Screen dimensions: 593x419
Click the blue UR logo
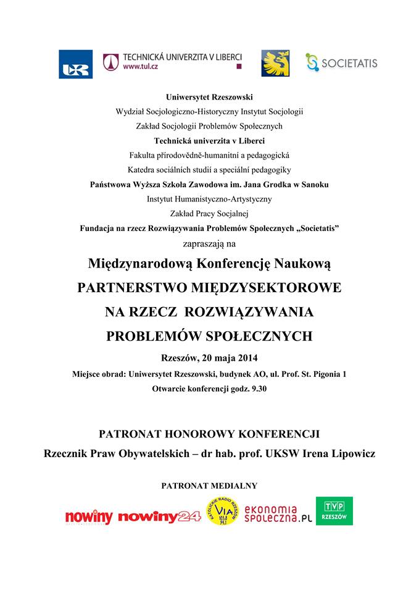click(76, 64)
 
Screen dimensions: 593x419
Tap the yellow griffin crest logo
click(275, 64)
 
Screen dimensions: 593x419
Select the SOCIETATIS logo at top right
click(341, 62)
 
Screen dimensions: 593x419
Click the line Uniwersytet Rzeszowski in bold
click(209, 97)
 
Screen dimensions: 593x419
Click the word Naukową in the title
click(301, 264)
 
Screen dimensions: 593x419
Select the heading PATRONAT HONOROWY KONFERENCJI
click(209, 434)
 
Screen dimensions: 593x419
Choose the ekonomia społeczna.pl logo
click(279, 511)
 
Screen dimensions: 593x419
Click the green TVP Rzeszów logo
click(334, 511)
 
